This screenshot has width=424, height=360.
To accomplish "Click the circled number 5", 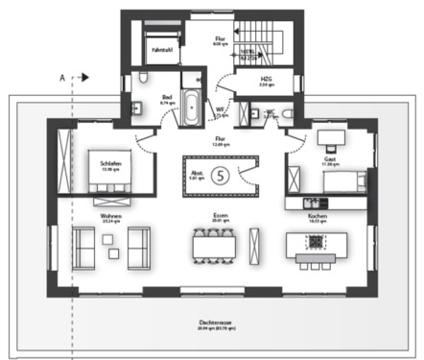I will click(222, 175).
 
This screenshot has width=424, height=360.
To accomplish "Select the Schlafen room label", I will click(111, 163).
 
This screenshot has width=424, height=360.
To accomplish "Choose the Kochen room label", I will click(318, 217).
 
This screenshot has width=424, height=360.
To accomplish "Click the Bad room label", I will click(166, 97).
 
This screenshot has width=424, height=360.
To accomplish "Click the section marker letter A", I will click(62, 75).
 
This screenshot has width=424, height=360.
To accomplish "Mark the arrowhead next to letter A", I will click(84, 75).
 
